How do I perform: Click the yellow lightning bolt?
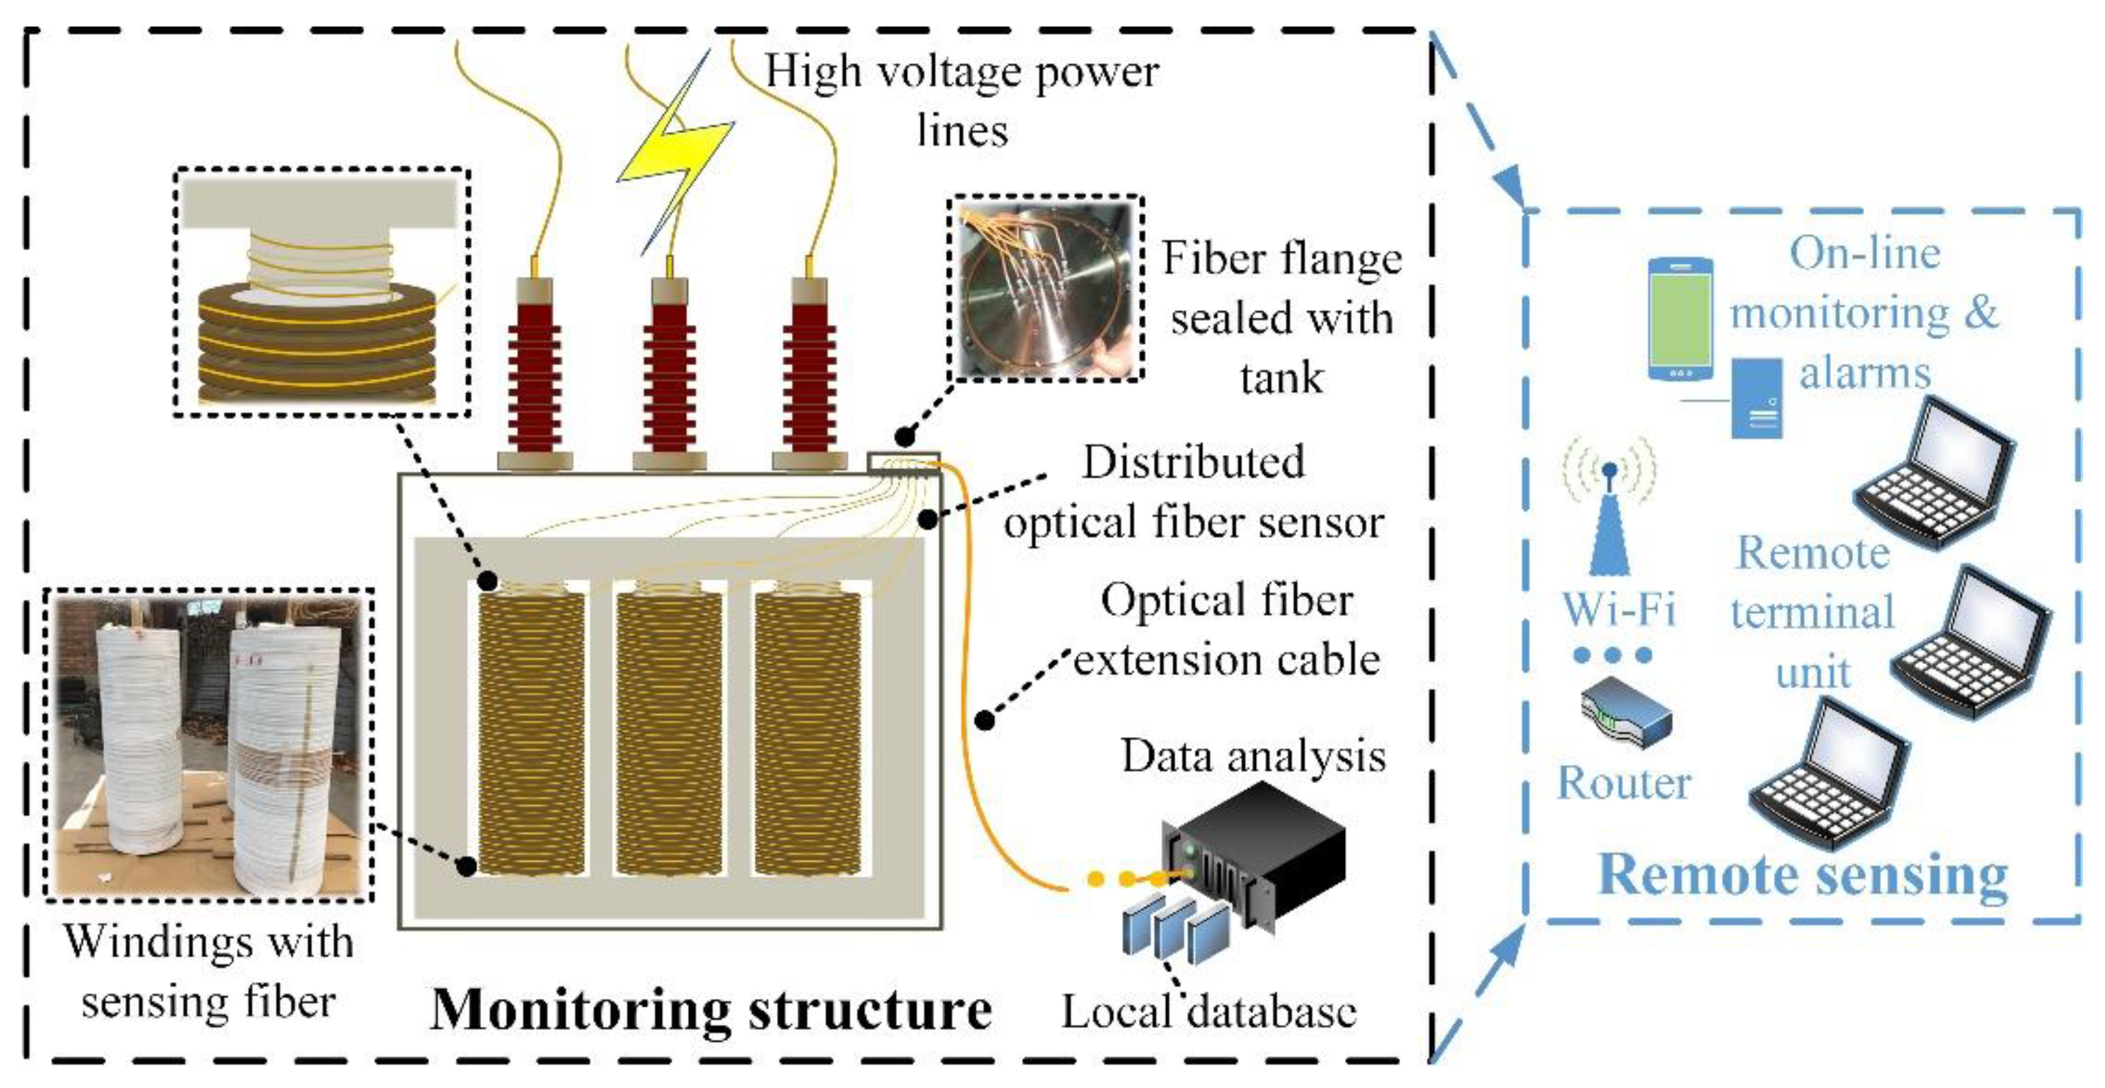(676, 155)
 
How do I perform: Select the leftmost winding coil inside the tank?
(531, 731)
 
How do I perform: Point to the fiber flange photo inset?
(1045, 288)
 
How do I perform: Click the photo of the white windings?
(208, 745)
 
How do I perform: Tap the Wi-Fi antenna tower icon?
(1609, 523)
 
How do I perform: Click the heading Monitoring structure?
(711, 1010)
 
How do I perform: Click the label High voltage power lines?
(962, 100)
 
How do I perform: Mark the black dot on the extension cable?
(987, 720)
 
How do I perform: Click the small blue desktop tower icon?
(1757, 398)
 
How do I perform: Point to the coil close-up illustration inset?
(321, 292)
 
